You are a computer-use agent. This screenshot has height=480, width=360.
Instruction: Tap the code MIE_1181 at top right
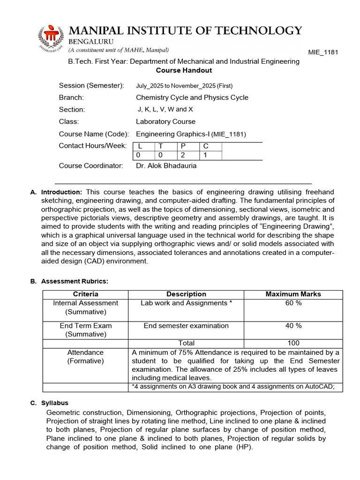point(323,52)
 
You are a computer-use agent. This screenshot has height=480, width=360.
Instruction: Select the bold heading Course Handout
point(184,70)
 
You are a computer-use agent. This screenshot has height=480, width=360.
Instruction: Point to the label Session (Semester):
point(91,85)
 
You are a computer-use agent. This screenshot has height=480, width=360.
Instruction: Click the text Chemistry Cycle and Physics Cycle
point(192,97)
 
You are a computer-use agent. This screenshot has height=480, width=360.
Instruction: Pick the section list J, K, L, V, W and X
point(165,109)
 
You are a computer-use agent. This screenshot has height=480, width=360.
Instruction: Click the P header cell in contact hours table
point(183,146)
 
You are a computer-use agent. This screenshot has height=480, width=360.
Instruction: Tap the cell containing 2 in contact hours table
point(183,155)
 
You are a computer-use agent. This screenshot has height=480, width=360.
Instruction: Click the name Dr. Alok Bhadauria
point(166,165)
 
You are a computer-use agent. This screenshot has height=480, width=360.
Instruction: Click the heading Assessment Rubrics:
point(75,281)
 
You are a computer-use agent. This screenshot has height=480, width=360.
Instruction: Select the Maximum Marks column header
point(293,294)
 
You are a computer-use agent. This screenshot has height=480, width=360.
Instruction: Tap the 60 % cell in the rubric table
point(293,303)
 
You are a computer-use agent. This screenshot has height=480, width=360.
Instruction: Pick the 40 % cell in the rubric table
point(293,325)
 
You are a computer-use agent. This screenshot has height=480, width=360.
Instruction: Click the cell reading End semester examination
point(186,325)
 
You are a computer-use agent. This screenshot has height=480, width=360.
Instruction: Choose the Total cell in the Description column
point(186,343)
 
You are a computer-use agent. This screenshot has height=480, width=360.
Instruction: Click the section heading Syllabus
point(54,403)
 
